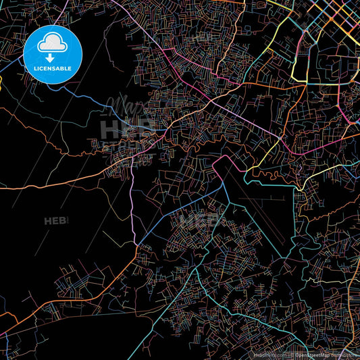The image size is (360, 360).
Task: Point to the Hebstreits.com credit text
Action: tap(268, 353)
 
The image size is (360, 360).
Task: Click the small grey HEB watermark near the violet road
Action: tap(57, 220)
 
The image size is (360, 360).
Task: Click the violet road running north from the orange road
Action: tap(131, 203)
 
